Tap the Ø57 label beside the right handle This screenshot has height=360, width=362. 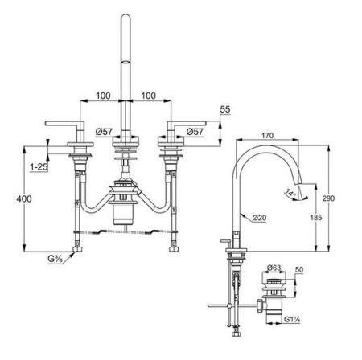pyautogui.click(x=197, y=131)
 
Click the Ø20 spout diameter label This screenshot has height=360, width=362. pyautogui.click(x=258, y=217)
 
